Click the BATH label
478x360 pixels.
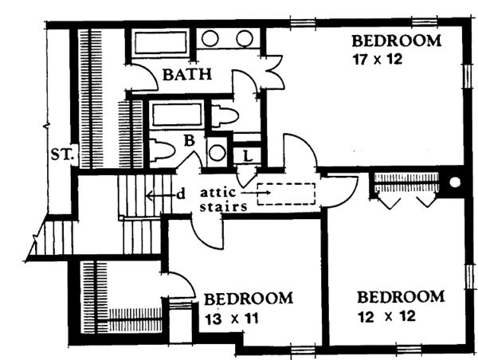click(187, 76)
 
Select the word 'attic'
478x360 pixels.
click(217, 192)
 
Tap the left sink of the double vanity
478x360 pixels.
click(213, 37)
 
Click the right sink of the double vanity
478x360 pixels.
click(245, 37)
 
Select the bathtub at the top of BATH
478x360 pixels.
click(159, 41)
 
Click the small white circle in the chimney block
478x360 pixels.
click(455, 182)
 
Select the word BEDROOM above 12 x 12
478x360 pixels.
click(400, 297)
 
